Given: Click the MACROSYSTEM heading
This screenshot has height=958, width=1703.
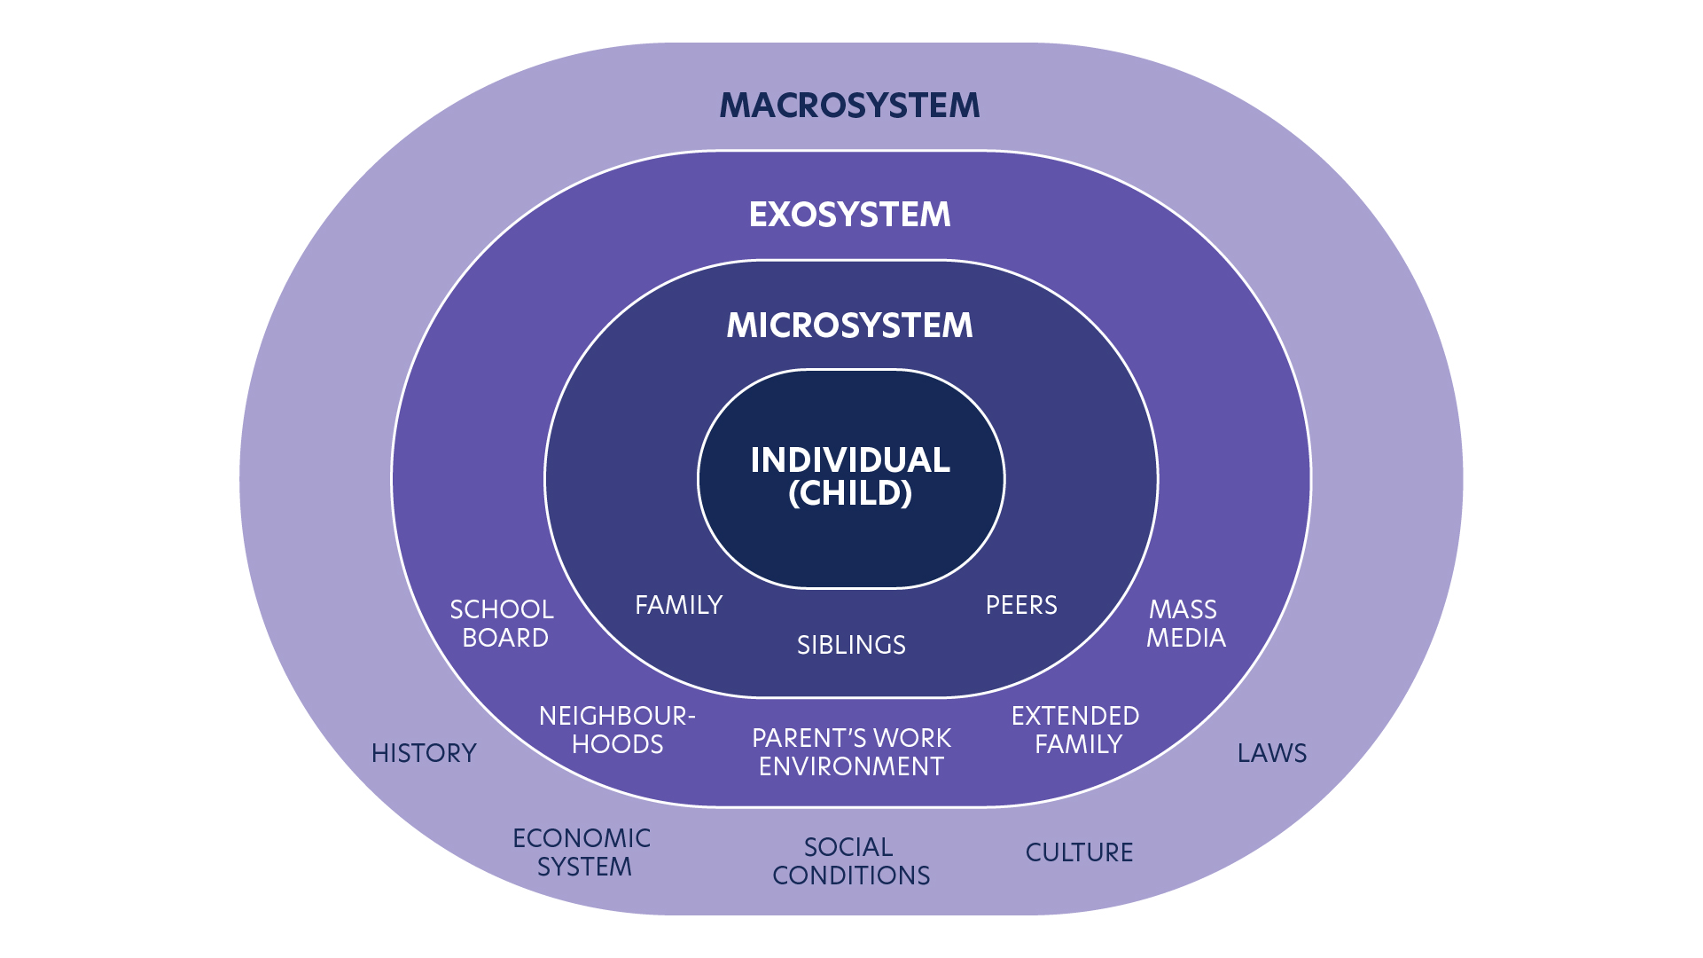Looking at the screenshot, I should coord(849,106).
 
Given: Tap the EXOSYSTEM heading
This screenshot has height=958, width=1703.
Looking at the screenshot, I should coord(849,215).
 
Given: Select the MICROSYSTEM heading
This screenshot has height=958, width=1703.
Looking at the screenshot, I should coord(849,326).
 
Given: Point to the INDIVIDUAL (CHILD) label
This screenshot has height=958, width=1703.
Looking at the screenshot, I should coord(850,476).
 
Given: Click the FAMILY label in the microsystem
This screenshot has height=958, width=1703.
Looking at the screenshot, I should coord(679,605).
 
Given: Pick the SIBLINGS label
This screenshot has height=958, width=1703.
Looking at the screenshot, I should coord(851,645).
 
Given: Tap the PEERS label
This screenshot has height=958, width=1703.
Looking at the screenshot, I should coord(1021,605).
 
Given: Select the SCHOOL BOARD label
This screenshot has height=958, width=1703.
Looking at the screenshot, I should coord(503,624).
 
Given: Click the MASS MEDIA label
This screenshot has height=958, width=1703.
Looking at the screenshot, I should coord(1185,624).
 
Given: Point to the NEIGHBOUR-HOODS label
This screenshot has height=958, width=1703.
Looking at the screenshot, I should coord(617,730).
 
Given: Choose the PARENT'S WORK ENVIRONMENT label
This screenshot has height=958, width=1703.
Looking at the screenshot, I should coord(851,752).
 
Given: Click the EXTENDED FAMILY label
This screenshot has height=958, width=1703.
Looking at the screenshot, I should coord(1075,730).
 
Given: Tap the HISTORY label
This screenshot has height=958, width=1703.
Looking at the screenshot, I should coord(424,753).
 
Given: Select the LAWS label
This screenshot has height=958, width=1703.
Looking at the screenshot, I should coord(1272,753).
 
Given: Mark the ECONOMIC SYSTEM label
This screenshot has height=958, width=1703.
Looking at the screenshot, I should coord(582,852).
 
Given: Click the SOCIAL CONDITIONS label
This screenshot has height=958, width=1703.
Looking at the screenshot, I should coord(851,861).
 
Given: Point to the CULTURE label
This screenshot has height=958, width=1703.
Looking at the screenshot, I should coord(1079,852).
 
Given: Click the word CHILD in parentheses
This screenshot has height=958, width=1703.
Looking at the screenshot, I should coord(850,493).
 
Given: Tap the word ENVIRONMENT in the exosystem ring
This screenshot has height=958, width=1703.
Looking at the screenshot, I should coord(851,766).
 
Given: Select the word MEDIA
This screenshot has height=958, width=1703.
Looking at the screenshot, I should coord(1186,638).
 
